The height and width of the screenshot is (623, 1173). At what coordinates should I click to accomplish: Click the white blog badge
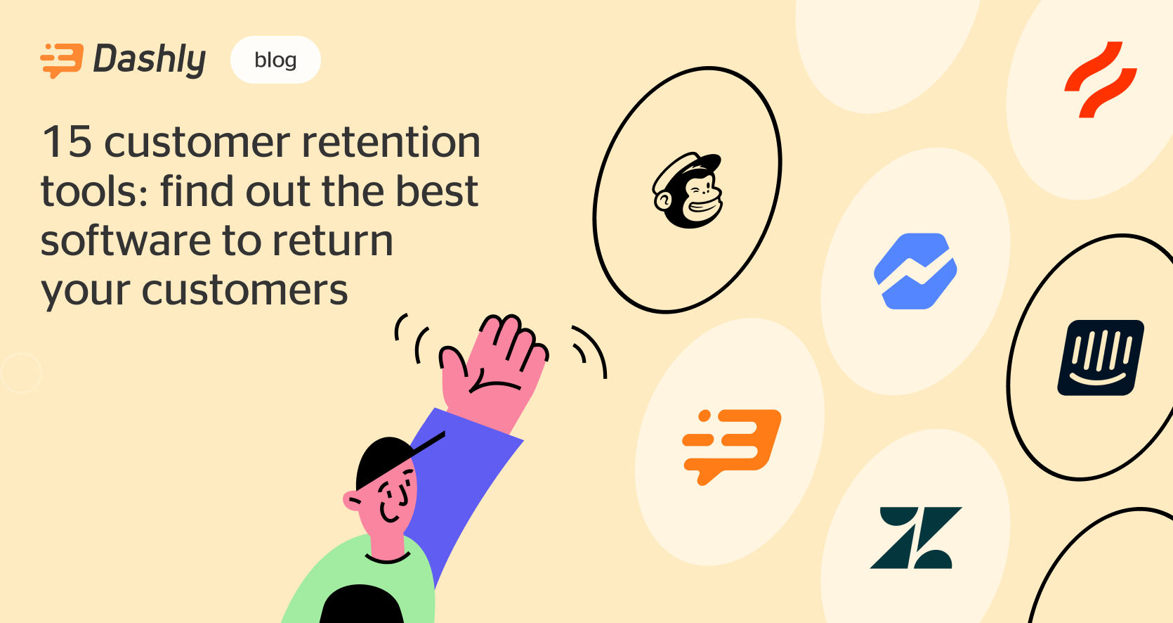[275, 60]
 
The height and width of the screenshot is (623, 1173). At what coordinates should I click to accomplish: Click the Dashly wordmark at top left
[150, 59]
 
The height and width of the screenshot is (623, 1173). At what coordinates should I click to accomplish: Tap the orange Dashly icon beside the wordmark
[62, 60]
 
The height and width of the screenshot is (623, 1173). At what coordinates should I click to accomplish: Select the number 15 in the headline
[67, 142]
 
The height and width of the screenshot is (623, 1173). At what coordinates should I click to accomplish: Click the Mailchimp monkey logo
[688, 191]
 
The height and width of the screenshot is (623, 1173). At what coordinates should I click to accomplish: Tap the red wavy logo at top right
[1100, 79]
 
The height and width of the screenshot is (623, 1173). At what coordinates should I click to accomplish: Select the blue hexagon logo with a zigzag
[915, 271]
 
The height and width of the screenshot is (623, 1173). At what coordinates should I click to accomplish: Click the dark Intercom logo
[1101, 357]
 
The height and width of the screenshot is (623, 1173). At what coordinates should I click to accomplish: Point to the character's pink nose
[351, 501]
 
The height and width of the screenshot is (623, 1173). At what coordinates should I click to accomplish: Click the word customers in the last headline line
[244, 290]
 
